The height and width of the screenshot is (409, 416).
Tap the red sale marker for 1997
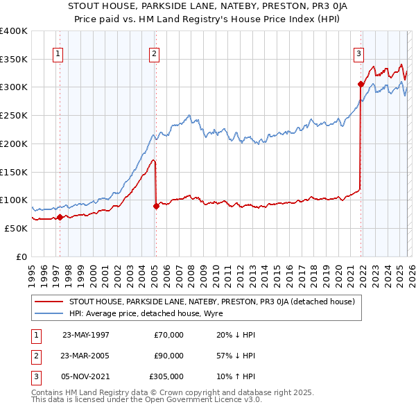pos(60,217)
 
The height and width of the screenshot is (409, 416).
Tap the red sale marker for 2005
pos(156,206)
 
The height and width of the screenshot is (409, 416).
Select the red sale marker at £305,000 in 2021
pos(361,85)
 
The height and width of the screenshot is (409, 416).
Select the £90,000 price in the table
pos(168,356)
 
